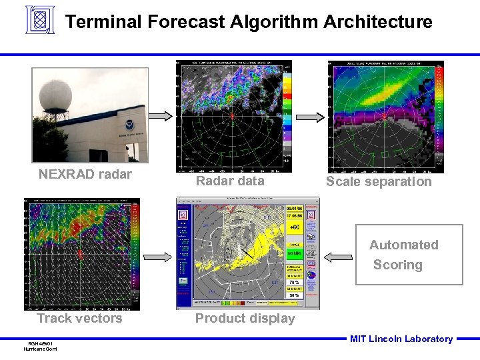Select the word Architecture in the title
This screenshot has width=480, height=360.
click(x=377, y=22)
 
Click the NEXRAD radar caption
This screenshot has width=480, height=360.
click(x=85, y=175)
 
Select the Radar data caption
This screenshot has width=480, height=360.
click(x=230, y=181)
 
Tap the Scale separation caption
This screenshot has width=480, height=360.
click(x=379, y=181)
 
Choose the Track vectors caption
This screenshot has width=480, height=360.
click(x=79, y=318)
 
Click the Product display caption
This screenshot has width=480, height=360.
click(x=245, y=318)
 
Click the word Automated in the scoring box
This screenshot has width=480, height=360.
click(x=403, y=245)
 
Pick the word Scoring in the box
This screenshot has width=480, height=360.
click(x=397, y=265)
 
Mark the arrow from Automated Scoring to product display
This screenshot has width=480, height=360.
click(x=339, y=255)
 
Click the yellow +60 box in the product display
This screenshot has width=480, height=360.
click(x=294, y=227)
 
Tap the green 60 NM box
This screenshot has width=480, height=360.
click(x=294, y=254)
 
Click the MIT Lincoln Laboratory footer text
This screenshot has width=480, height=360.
click(x=401, y=339)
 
